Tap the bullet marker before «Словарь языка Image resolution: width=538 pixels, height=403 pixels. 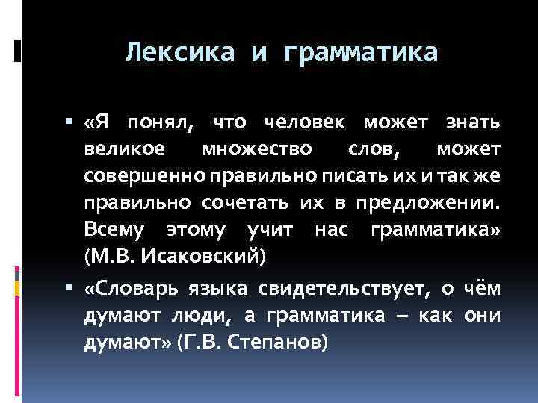point(72,287)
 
